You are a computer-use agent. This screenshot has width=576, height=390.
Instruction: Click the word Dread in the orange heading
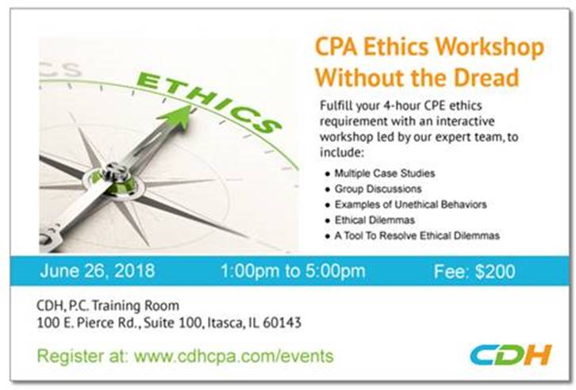[x=486, y=77]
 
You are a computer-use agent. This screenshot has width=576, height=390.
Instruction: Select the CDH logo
[x=511, y=354]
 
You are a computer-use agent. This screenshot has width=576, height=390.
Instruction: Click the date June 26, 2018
[x=98, y=271]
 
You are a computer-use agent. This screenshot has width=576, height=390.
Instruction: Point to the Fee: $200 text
[x=474, y=272]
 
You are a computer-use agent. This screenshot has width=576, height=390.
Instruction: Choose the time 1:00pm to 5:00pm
[x=293, y=271]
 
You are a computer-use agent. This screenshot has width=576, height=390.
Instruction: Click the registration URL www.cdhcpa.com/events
[x=234, y=356]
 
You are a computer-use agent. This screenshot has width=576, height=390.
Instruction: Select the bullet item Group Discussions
[x=378, y=189]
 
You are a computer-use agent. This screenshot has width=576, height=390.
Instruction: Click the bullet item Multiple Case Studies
[x=385, y=173]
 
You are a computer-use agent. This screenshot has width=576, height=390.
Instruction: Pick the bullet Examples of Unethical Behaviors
[x=411, y=205]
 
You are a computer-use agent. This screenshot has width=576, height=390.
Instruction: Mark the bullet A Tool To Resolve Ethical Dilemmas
[x=417, y=235]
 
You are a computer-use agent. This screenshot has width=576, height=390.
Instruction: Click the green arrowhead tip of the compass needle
[x=190, y=106]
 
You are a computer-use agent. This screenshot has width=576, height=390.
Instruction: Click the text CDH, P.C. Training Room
[x=108, y=306]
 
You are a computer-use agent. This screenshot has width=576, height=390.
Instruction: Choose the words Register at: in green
[x=83, y=356]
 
